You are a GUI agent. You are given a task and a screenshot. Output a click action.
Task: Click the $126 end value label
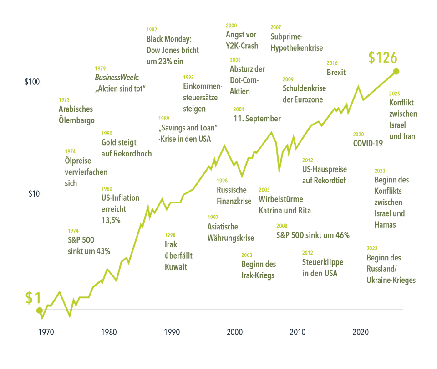(383, 58)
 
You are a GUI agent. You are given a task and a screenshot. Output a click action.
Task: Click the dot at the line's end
(396, 71)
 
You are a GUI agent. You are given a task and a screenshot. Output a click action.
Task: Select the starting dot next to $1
(40, 311)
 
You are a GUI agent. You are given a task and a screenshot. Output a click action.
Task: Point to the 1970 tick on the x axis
(45, 332)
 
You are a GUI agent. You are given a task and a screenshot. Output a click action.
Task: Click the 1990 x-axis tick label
(171, 332)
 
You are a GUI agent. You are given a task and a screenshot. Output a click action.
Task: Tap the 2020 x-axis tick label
(361, 332)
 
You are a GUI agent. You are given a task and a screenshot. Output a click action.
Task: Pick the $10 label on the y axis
(34, 194)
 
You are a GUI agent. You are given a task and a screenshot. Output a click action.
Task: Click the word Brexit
(336, 72)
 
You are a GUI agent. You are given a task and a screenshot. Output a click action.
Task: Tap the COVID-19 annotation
(368, 143)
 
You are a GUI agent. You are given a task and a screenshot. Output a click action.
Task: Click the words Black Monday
(169, 39)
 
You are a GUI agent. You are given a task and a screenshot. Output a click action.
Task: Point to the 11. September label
(257, 119)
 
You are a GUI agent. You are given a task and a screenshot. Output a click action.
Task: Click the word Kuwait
(176, 266)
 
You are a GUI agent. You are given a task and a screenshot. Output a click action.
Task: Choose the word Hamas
(385, 224)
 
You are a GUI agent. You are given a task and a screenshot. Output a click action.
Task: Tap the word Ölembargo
(76, 120)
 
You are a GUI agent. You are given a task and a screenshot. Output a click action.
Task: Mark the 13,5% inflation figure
(111, 220)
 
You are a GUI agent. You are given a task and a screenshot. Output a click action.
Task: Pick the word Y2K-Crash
(242, 46)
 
